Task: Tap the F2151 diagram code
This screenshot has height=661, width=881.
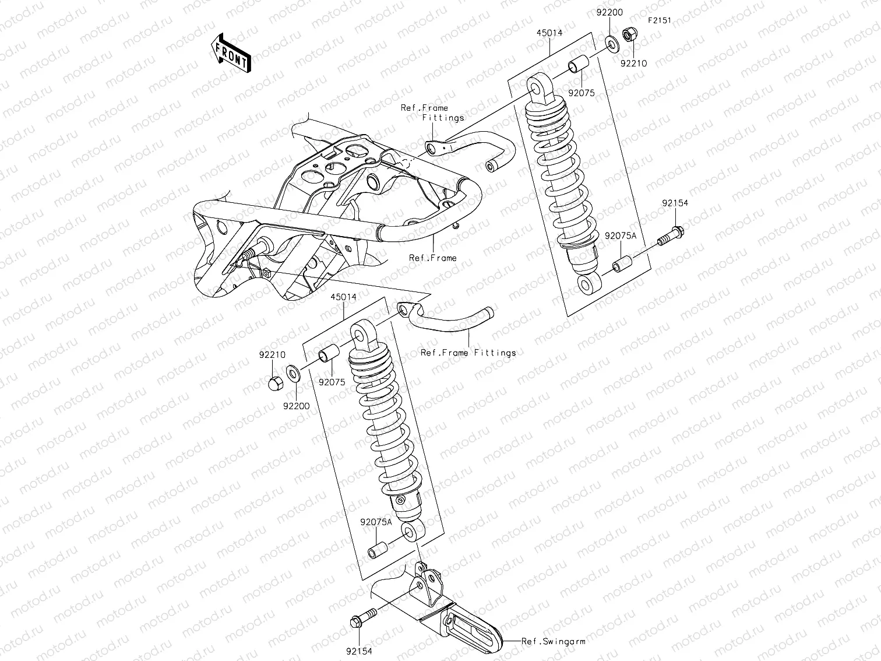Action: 660,20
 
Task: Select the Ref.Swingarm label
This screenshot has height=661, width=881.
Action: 553,641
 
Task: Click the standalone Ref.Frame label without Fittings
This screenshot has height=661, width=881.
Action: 432,258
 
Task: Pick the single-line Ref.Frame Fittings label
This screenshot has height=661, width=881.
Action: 468,353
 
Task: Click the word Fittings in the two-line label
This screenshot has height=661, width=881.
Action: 443,118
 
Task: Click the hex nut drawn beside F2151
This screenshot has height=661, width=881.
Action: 629,36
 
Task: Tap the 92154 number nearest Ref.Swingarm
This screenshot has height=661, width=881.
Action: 358,652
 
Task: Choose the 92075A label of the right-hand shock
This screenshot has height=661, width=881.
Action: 621,236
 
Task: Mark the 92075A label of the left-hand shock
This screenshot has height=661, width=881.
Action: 376,522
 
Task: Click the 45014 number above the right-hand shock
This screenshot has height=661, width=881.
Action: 549,33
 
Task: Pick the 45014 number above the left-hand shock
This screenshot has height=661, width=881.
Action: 343,297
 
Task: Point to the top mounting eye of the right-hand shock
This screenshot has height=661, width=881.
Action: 536,88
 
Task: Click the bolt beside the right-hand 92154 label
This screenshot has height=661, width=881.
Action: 671,237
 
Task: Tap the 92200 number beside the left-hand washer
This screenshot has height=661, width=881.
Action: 296,406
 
